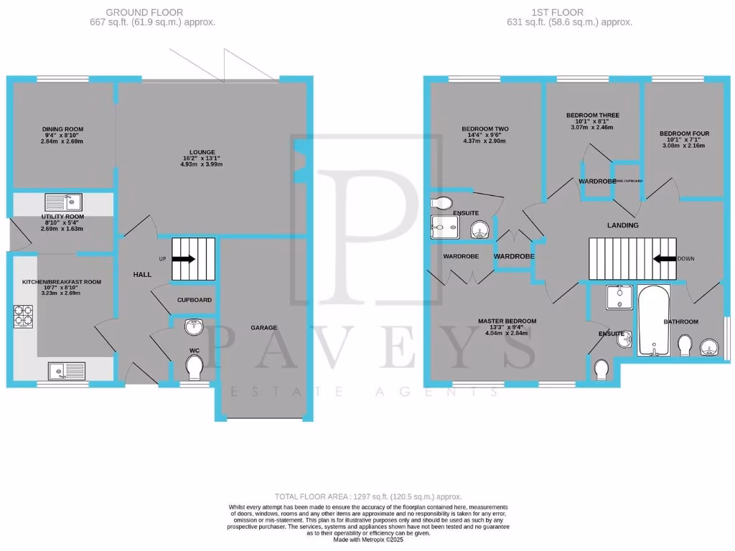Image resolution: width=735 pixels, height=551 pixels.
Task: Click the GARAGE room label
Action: point(264,328)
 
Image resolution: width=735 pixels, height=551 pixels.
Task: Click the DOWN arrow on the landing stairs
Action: point(665,258)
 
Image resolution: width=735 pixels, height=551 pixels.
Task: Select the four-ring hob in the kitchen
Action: point(22,316)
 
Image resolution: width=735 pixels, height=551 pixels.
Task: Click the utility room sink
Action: point(64,202)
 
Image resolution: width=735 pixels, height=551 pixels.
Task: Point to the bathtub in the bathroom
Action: point(654,321)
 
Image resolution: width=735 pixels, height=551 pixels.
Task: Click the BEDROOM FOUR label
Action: point(684,134)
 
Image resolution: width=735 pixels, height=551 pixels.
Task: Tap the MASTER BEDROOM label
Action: point(507,321)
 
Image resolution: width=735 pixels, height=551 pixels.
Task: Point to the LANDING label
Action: point(622,225)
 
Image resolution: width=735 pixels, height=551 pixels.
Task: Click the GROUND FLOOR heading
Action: point(144,12)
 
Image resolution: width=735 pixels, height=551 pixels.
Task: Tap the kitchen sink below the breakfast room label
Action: point(66,371)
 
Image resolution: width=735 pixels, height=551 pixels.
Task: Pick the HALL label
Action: point(141,275)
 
